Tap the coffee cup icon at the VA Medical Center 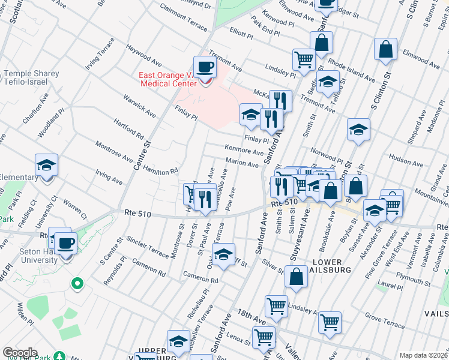[205, 67]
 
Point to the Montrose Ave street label [114, 152]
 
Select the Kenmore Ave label [244, 149]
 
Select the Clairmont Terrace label [183, 16]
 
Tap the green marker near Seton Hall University [76, 283]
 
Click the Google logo [20, 353]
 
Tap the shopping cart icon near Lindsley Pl [304, 59]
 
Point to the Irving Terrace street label [100, 54]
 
